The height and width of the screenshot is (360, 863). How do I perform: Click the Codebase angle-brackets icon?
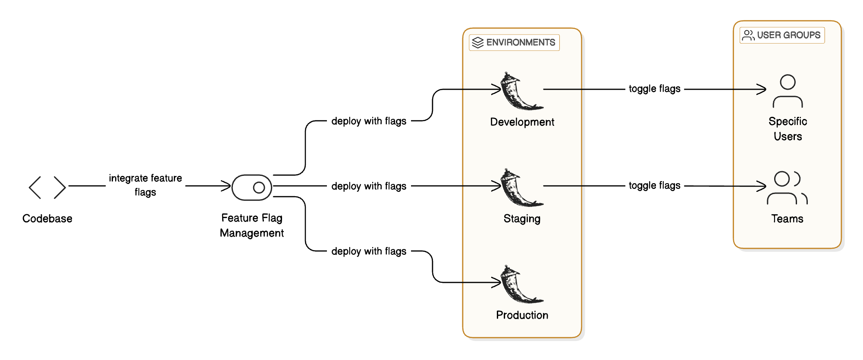coord(47,187)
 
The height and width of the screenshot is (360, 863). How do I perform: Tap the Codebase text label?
coord(47,219)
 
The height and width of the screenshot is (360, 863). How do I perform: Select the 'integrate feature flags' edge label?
coord(145,185)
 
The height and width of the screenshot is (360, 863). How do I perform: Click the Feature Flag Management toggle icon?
coord(252,188)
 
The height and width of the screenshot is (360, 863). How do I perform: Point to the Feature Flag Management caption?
coord(252,225)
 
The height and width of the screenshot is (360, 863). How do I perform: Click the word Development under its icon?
coord(522,122)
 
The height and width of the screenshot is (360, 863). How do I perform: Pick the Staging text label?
coord(522,219)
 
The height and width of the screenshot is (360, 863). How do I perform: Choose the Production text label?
coord(522,315)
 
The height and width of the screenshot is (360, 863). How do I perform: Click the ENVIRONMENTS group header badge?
coord(514,43)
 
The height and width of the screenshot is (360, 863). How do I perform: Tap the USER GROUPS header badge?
coord(782,35)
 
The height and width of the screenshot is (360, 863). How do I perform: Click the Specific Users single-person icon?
coord(788,91)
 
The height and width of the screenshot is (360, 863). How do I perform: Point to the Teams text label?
coord(787,219)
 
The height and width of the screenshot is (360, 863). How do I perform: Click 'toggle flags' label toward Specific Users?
coord(654,89)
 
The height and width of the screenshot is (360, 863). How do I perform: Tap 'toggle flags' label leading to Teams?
coord(654,185)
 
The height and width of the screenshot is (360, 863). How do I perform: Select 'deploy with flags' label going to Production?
coord(369,251)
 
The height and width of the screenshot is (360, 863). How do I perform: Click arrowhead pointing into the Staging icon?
coord(497,186)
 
